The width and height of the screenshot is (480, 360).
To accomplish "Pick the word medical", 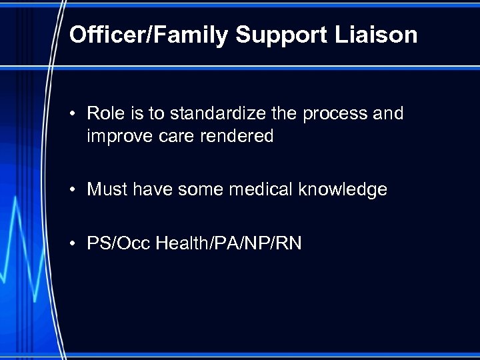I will tap(261, 190).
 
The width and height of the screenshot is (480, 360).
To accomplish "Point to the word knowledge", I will tap(343, 190).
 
